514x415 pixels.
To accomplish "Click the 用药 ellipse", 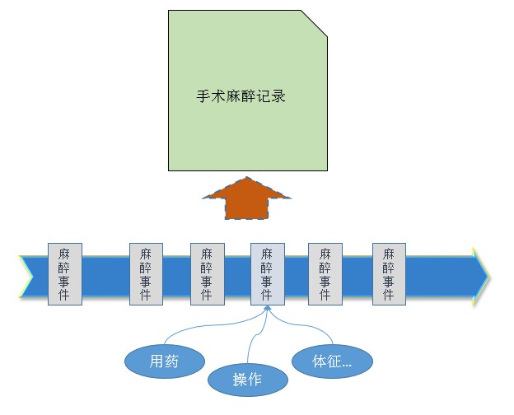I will pos(163,361).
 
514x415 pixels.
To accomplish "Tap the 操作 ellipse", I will pos(247,379).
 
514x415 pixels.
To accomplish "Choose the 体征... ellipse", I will pos(333,361).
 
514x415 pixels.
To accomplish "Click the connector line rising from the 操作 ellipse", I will pos(258,342).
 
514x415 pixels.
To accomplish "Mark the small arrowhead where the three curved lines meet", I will pos(266,310).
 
